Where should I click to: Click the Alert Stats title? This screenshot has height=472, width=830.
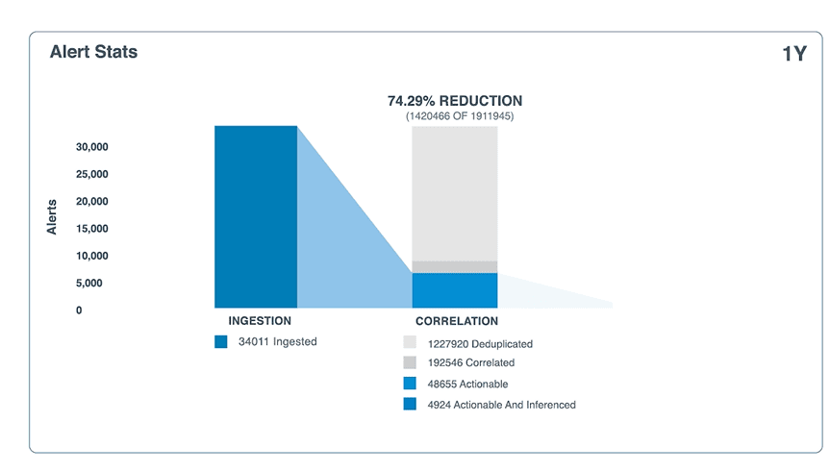93,52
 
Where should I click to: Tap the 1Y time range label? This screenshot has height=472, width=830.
793,55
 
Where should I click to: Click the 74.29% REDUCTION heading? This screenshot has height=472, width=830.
455,100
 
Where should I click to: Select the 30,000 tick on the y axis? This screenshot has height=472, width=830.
92,147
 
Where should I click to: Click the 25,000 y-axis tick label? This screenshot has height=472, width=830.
92,174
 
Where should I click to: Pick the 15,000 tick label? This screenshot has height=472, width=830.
92,229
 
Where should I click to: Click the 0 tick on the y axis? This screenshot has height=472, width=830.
79,311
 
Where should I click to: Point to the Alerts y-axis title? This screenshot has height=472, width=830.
52,216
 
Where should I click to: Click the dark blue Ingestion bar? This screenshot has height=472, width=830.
255,216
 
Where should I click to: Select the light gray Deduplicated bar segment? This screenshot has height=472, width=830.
455,192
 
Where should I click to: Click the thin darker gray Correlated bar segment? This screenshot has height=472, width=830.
455,266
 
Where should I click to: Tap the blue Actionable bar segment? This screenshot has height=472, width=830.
455,289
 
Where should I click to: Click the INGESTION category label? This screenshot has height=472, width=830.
260,321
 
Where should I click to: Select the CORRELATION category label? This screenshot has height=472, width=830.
457,321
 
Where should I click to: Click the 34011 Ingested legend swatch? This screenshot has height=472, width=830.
221,341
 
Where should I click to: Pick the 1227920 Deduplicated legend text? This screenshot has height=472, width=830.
480,343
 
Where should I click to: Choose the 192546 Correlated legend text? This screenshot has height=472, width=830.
470,363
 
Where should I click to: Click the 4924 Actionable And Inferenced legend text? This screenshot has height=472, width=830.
501,405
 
